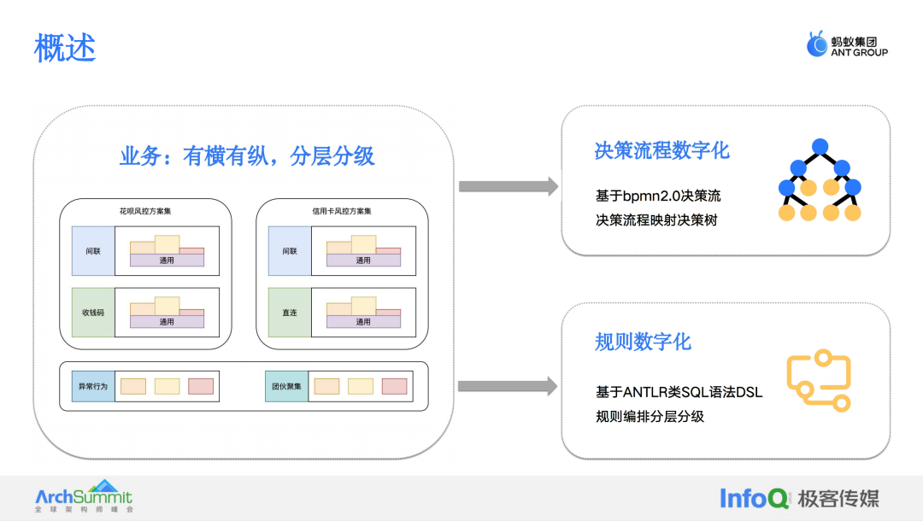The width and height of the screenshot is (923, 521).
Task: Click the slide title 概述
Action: (x=65, y=48)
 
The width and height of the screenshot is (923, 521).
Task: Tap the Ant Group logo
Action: (x=847, y=44)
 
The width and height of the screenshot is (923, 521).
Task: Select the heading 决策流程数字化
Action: (x=661, y=150)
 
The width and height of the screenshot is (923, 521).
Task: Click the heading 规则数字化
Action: (x=643, y=342)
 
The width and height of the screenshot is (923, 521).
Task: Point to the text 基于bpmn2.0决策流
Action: (x=658, y=196)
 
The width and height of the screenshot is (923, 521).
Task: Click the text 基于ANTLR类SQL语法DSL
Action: (x=679, y=392)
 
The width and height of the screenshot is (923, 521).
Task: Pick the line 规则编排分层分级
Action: (x=650, y=416)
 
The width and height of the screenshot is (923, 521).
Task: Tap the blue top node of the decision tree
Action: (x=820, y=146)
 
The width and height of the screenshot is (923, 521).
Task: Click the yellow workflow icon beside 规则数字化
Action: (x=819, y=380)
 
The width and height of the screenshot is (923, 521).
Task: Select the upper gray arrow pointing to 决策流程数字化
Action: (x=509, y=186)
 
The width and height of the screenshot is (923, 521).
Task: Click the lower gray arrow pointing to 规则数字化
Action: (x=508, y=386)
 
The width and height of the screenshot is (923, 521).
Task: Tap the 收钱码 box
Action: (x=93, y=313)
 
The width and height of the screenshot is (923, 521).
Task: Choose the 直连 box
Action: (x=290, y=313)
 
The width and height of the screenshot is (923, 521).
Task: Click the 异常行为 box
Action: (x=93, y=386)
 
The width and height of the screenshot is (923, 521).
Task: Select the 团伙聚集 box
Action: (x=286, y=386)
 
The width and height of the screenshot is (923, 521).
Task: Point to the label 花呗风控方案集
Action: (x=145, y=211)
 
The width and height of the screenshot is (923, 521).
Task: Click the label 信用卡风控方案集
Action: (x=342, y=211)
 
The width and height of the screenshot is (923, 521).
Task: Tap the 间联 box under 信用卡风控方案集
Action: (x=290, y=251)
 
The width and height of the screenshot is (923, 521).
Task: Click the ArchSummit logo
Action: (x=84, y=495)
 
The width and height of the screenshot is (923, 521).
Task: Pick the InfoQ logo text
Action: (x=754, y=498)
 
